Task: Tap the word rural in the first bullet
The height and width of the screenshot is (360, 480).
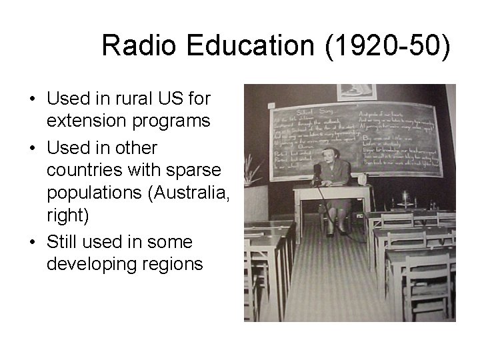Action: pos(118,99)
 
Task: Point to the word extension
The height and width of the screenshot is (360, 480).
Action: pos(86,122)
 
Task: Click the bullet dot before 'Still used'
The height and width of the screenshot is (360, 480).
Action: pos(33,241)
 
